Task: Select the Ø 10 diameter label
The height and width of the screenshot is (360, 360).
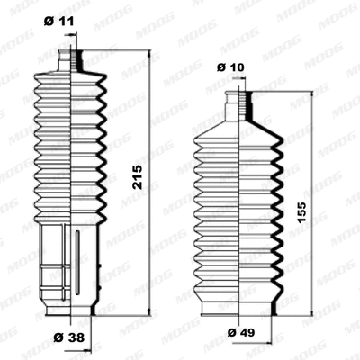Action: click(x=231, y=67)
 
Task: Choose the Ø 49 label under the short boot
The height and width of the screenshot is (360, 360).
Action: click(x=238, y=334)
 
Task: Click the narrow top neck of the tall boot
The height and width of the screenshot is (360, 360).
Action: click(x=67, y=59)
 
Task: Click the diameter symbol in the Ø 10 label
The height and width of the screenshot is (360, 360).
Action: click(x=222, y=67)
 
